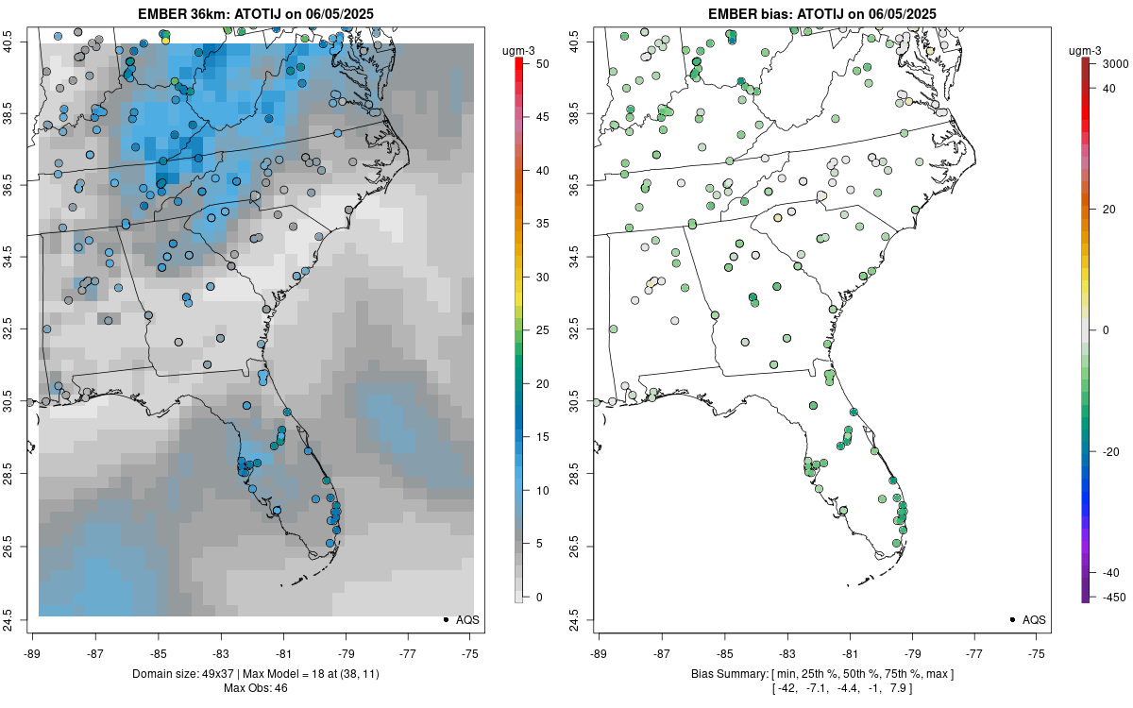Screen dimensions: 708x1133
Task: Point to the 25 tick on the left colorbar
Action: (536, 330)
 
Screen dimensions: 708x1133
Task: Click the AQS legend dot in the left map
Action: (445, 619)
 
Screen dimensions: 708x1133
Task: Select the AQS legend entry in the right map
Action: (1025, 619)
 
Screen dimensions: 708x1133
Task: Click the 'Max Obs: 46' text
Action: (256, 687)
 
